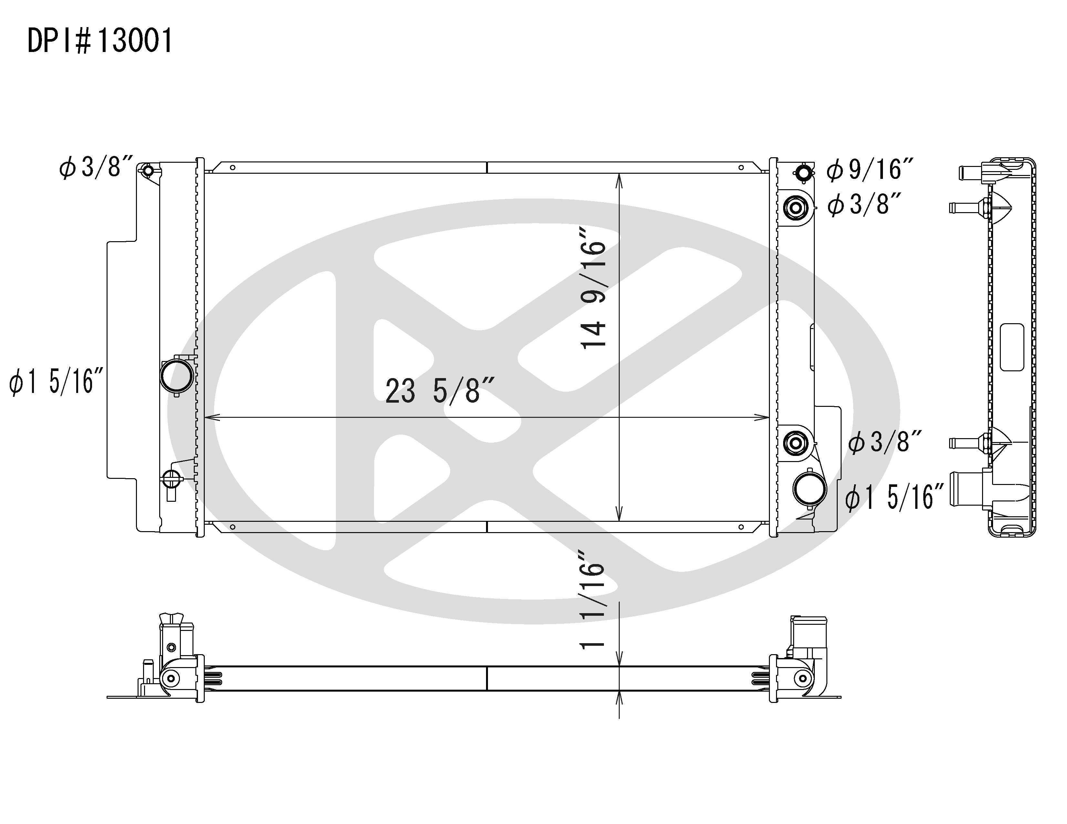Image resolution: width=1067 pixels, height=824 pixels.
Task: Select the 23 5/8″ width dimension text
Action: tap(440, 391)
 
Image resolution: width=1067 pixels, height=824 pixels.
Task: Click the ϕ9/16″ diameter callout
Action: tap(870, 170)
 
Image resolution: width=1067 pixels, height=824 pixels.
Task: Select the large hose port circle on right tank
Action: tap(810, 489)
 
